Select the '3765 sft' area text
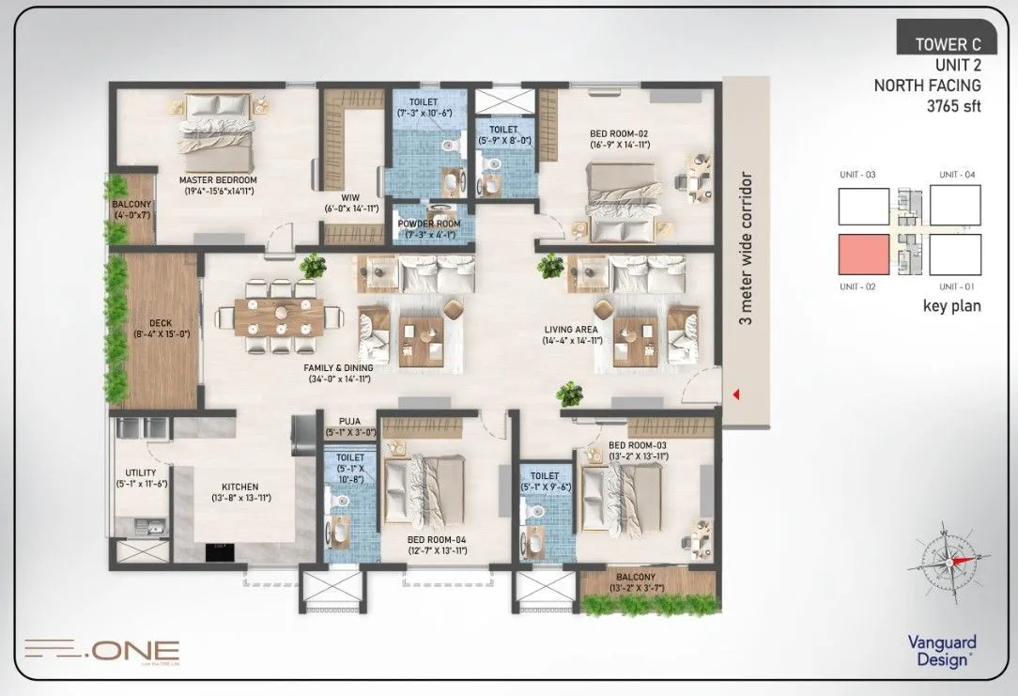point(953,105)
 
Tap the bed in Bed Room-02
point(620,202)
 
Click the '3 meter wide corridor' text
point(748,247)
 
